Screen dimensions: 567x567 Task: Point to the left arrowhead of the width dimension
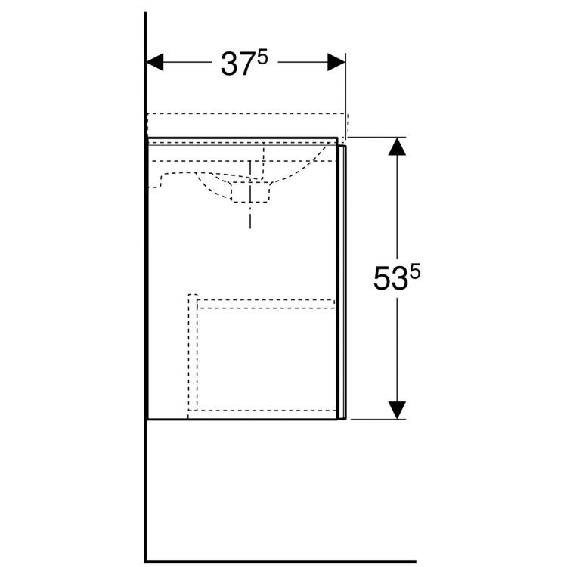(155, 63)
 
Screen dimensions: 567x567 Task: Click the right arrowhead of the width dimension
(336, 63)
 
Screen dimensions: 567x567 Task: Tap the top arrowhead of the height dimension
(397, 147)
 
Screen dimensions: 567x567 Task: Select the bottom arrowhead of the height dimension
(397, 409)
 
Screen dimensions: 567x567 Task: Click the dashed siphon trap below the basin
(250, 192)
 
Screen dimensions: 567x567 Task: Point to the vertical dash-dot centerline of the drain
(249, 215)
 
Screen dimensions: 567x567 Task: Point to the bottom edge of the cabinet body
(242, 419)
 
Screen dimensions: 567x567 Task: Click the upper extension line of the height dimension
(378, 138)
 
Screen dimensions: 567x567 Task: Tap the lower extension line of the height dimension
(378, 419)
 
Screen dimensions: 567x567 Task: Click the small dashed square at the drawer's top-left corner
(193, 297)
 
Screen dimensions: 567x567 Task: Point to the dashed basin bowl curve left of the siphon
(181, 177)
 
